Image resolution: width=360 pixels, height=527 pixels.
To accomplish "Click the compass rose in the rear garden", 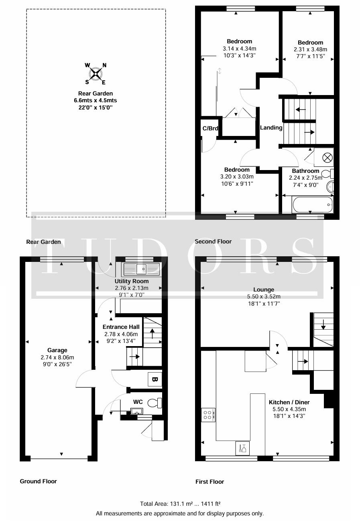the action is pos(96,74).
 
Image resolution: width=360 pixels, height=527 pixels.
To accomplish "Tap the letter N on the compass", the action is pos(104,65).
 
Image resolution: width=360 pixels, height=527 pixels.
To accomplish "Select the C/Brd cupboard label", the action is pos(210,128).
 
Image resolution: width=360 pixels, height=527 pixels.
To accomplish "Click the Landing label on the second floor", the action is pos(271,128).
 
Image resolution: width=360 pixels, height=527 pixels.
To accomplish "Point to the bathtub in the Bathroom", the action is pos(312,205).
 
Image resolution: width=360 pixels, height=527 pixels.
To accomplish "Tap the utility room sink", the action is pos(141,269).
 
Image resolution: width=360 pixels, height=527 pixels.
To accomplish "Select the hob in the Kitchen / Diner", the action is pos(208,415).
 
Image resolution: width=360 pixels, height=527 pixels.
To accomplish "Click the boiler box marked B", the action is pos(155,379).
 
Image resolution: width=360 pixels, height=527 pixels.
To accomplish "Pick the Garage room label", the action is pos(57,350).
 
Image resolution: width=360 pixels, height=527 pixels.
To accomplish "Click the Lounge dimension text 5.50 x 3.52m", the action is pos(264,296).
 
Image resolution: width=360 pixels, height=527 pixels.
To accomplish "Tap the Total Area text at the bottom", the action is pos(180,504).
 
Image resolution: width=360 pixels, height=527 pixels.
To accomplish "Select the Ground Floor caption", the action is pos(39,481).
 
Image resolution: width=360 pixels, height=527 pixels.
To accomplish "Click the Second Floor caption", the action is pos(213,241).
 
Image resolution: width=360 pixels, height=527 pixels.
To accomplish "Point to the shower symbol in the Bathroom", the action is pos(327,157).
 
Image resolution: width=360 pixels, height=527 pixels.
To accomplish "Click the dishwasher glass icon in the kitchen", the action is pos(242,448).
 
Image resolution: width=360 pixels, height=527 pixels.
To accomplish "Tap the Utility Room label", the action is pos(132,281).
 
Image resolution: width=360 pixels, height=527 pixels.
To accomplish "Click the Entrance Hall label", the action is pos(121,327).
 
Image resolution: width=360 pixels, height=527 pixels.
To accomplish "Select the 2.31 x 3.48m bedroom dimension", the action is pos(310,49).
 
